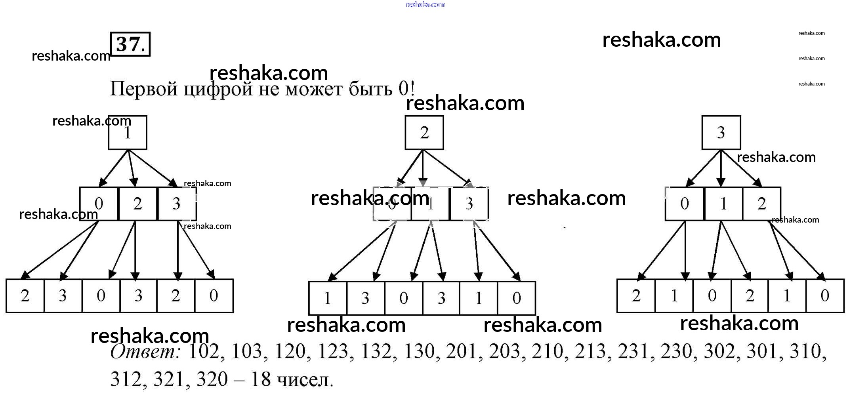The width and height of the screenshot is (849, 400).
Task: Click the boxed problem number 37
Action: tap(130, 44)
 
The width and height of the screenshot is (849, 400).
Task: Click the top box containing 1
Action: tap(128, 133)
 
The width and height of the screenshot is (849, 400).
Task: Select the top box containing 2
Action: tap(424, 133)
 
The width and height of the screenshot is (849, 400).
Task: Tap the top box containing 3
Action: tap(721, 133)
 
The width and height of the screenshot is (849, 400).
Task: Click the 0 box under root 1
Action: tap(99, 204)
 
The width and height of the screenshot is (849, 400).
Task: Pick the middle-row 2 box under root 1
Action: tap(137, 204)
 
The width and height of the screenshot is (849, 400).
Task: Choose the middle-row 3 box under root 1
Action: tap(176, 204)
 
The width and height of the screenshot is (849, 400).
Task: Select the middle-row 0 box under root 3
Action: tap(685, 204)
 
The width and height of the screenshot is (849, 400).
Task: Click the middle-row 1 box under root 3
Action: tap(723, 204)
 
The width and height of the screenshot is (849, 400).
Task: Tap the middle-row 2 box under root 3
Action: tap(762, 204)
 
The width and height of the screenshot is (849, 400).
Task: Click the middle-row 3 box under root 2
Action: tap(469, 204)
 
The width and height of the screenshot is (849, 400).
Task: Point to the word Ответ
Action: tap(145, 352)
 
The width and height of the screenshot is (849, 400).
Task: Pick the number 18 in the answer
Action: tap(261, 379)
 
